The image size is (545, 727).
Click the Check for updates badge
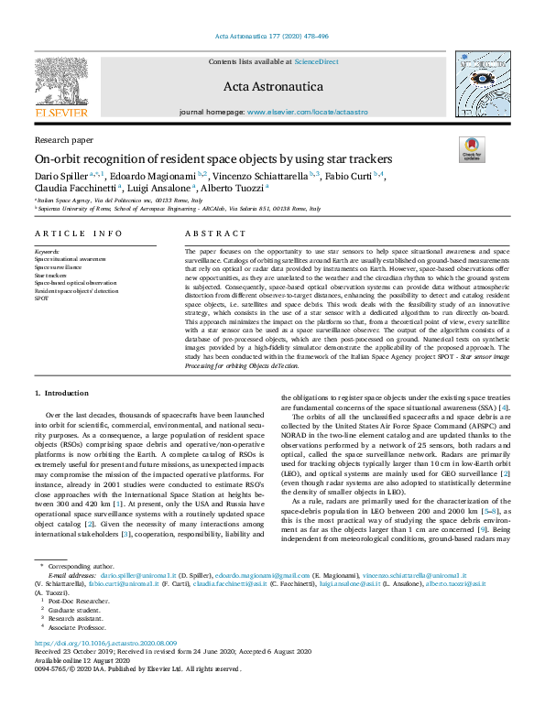tap(472, 149)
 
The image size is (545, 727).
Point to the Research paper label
tap(63, 140)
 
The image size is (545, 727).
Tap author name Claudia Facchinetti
tap(74, 187)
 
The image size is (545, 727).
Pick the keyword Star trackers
tap(52, 275)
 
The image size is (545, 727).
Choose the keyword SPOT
tap(41, 298)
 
